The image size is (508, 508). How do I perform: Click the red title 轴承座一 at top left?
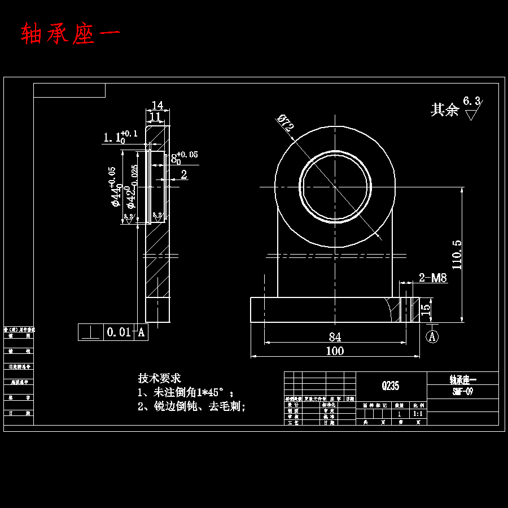coord(71,34)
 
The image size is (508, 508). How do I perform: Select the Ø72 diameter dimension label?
coord(286,122)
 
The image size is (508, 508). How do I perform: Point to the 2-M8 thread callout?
coord(432,277)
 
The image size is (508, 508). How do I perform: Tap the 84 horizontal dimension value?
coord(335,337)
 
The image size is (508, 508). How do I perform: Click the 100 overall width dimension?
coord(335,351)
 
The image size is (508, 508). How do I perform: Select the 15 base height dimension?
coord(427,309)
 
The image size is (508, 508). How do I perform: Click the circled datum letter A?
coord(432,336)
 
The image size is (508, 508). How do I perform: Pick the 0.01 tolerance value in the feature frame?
coord(119,332)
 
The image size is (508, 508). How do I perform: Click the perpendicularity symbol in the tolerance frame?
coord(90,332)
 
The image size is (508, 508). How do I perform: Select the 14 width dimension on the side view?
coord(157,106)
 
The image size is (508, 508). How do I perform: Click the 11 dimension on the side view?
coord(156,117)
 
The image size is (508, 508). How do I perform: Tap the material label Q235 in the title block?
coord(390,386)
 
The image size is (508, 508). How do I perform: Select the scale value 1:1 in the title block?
coord(418,414)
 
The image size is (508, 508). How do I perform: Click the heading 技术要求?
coord(159,378)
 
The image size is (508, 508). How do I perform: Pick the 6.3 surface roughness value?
coord(471,101)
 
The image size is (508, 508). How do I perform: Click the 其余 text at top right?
coord(445,110)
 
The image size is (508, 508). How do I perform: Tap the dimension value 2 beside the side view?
coord(184,175)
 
